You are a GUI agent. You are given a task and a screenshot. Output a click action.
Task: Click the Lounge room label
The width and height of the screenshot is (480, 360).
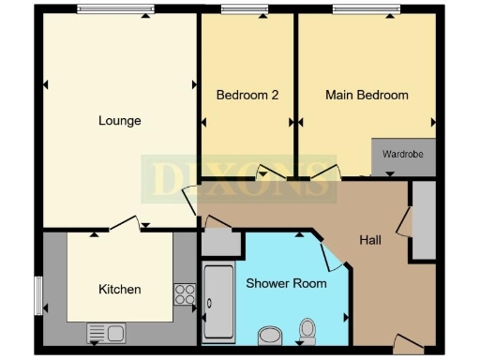click(x=120, y=121)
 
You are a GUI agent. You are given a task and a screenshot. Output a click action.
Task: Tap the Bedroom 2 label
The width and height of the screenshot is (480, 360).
click(x=247, y=95)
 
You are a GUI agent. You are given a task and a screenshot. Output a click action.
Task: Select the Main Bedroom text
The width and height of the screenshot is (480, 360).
click(x=367, y=95)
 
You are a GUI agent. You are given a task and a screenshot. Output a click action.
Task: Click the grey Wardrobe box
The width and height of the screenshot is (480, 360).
click(x=404, y=156)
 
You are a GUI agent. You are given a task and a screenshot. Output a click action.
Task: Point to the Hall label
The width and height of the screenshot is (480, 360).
click(x=370, y=240)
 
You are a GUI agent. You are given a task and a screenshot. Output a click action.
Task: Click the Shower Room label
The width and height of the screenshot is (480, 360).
click(x=286, y=283)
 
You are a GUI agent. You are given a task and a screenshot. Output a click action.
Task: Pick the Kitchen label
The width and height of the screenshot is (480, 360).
click(x=120, y=290)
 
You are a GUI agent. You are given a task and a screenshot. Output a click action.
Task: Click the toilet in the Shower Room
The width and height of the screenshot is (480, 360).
click(x=307, y=330)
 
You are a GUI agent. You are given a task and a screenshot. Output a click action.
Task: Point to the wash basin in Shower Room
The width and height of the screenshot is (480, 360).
click(x=269, y=335)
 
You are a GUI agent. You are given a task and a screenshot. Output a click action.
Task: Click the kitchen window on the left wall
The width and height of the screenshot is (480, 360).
click(x=38, y=295)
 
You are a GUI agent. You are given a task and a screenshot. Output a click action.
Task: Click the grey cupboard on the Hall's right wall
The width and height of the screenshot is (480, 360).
click(x=423, y=220)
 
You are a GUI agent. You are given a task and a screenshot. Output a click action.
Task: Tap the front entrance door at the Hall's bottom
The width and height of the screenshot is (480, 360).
click(x=405, y=344)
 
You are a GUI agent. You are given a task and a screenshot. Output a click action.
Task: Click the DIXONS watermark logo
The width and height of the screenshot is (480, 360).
click(x=240, y=179)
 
